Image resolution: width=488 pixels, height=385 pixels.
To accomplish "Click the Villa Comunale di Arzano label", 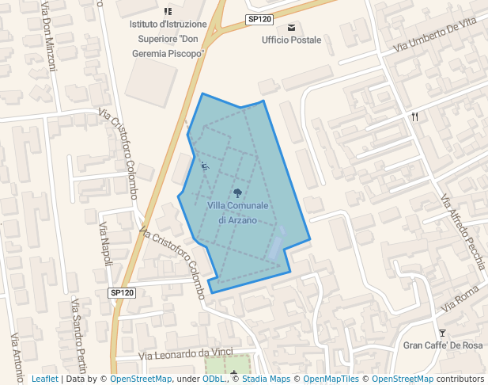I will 238,212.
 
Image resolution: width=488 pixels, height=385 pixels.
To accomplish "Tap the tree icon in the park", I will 238,192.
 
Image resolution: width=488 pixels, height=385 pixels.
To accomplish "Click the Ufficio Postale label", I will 292,40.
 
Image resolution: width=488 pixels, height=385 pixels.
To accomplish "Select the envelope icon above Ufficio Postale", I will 291,27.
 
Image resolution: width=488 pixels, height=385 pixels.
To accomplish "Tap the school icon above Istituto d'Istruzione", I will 168,11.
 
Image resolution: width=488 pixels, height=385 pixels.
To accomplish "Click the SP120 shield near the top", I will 259,18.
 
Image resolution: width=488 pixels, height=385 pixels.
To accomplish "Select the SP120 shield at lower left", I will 123,293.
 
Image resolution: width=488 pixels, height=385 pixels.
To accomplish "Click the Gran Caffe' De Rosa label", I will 443,345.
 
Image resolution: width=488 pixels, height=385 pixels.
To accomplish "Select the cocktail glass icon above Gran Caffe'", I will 442,333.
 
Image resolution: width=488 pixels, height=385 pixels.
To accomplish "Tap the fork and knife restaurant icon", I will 415,117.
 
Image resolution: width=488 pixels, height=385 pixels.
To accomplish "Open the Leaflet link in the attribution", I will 44,379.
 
